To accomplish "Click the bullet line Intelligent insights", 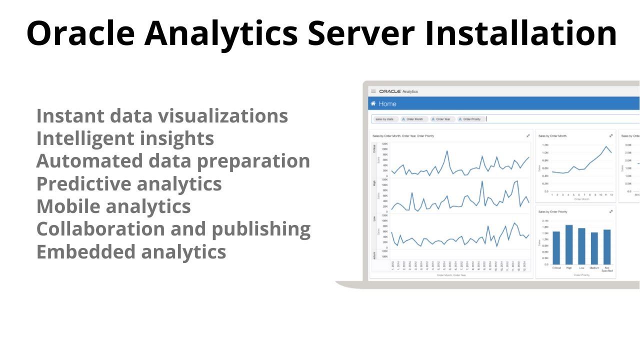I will pos(125,138).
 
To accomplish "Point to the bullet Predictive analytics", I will pos(129,183).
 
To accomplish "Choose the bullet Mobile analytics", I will pos(113,206).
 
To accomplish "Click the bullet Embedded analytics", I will pos(131,251).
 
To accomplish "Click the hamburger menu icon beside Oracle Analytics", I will pos(373,91).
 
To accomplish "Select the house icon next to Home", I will pos(372,104).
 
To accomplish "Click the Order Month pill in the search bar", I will pos(413,119).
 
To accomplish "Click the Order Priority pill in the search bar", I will pos(469,119).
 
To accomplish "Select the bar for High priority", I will pos(569,244).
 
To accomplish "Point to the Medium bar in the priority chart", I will pos(594,248).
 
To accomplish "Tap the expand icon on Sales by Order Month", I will pos(611,135).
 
